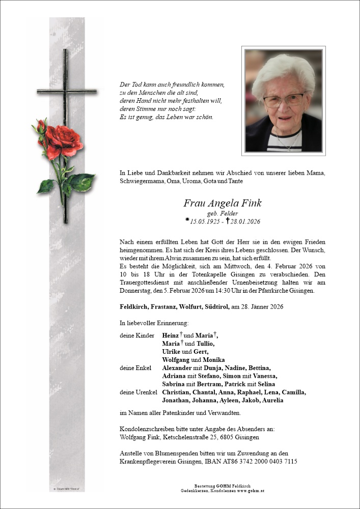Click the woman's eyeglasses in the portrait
283,100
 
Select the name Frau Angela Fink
223,203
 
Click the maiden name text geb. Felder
223,213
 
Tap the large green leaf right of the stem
82,182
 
